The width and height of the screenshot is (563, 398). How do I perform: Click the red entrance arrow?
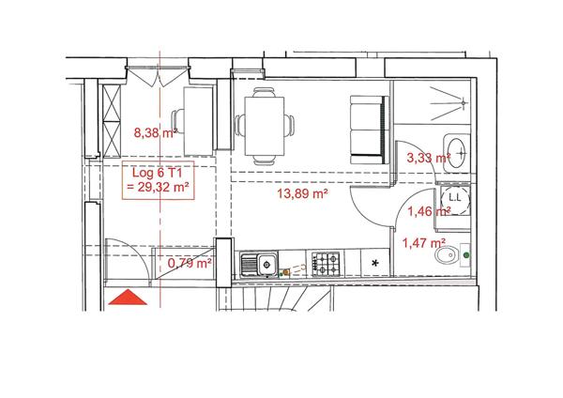pos(128,298)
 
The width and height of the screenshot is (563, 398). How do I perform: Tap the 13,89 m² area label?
pos(301,194)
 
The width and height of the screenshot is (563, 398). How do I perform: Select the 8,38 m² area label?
pos(156,133)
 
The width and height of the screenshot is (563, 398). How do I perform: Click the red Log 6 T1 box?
pos(158,179)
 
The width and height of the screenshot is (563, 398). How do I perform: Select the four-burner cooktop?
pos(326,262)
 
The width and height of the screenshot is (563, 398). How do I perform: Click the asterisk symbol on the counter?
pos(376,262)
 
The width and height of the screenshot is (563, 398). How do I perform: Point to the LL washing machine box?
pos(454,198)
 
